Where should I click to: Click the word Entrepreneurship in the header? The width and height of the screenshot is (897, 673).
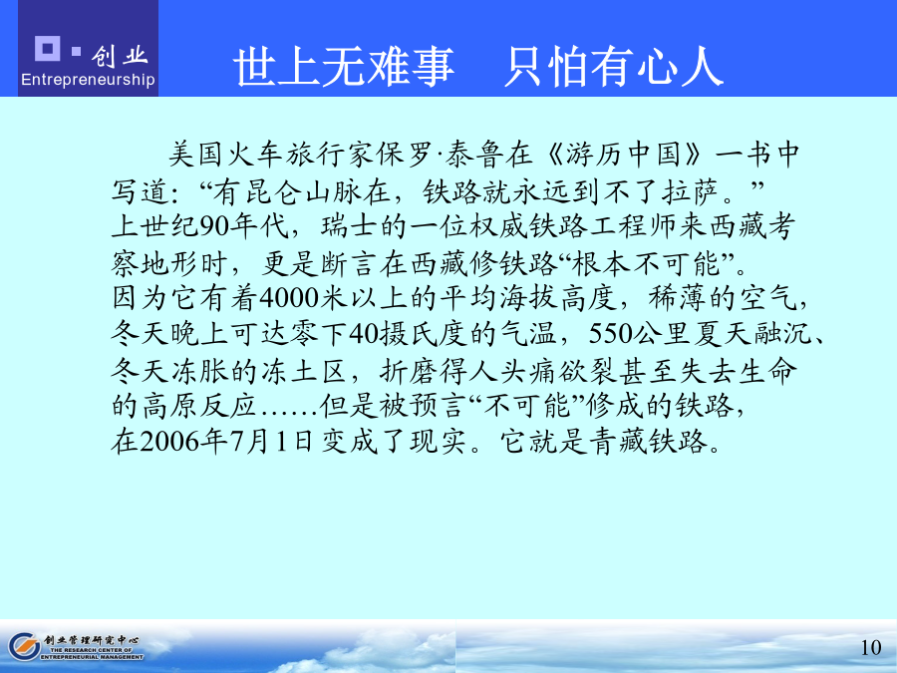click(x=88, y=80)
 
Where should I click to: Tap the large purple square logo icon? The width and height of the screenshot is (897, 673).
click(x=48, y=48)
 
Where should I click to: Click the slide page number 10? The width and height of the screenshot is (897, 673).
click(x=871, y=647)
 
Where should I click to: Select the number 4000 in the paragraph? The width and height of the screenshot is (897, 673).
click(x=289, y=298)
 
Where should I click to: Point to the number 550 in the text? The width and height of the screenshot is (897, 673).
click(x=610, y=334)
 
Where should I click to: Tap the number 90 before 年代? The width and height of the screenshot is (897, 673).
click(x=214, y=226)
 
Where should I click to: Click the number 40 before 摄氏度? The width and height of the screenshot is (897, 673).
click(x=364, y=334)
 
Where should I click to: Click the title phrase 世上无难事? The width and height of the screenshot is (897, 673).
click(x=344, y=67)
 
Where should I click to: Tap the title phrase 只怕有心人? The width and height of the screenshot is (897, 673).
click(x=614, y=67)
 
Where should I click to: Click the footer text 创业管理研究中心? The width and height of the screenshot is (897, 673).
click(x=91, y=640)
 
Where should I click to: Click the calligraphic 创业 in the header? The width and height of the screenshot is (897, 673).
click(x=119, y=56)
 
